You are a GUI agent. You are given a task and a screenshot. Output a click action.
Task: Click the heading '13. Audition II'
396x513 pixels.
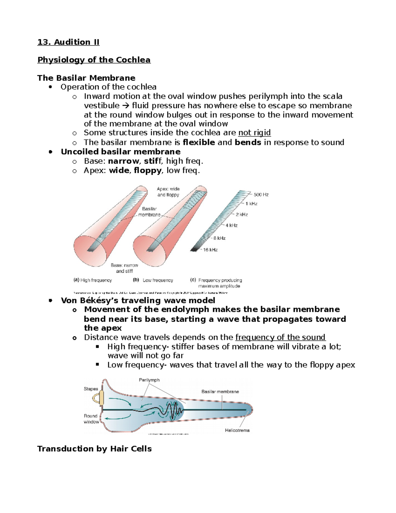click(x=68, y=42)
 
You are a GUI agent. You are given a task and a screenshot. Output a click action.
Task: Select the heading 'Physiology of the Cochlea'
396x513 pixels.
click(x=94, y=60)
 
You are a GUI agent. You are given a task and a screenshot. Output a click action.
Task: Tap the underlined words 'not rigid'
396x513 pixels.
click(x=254, y=133)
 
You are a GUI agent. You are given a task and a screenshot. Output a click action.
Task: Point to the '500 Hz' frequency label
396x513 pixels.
click(x=261, y=195)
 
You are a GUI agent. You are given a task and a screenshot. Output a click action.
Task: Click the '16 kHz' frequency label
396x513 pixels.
click(x=210, y=250)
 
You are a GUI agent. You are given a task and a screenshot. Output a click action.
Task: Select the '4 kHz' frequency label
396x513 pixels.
click(x=231, y=225)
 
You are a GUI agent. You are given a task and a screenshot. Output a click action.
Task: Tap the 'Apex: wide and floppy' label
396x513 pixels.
click(x=168, y=192)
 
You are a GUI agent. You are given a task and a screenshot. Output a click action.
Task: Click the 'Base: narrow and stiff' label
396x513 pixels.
click(x=124, y=268)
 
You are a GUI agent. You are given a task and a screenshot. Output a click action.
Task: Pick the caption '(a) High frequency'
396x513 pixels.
click(x=93, y=280)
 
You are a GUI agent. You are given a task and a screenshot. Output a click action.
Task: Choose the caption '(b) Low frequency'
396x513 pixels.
click(x=153, y=280)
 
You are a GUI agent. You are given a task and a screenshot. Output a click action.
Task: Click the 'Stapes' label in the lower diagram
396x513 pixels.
click(x=91, y=389)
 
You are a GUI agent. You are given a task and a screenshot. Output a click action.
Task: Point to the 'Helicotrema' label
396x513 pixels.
click(x=237, y=430)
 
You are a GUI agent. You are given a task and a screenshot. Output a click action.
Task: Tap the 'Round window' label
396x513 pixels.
click(x=91, y=419)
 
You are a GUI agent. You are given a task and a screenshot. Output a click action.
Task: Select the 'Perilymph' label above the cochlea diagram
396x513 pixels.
click(x=149, y=380)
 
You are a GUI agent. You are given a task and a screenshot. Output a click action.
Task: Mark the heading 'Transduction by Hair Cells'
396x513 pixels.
click(x=94, y=449)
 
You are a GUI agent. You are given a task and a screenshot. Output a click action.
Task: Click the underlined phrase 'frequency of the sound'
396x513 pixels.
click(x=280, y=337)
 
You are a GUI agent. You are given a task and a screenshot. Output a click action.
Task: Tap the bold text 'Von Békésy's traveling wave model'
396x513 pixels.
click(x=138, y=300)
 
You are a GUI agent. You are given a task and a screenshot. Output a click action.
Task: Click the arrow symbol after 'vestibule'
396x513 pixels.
click(x=126, y=106)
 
